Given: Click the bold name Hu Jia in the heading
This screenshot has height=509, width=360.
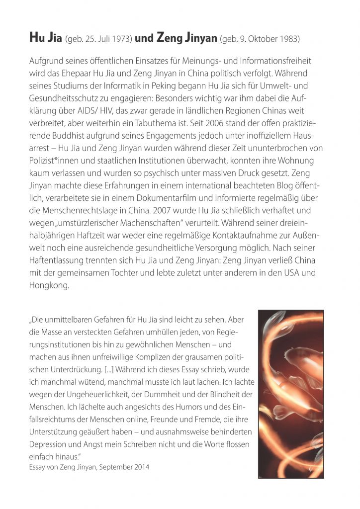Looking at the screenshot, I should pos(42,38).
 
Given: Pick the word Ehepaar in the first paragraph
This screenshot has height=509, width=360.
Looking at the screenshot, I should pos(82,73).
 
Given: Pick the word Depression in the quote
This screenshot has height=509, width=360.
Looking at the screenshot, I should pos(49,444).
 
